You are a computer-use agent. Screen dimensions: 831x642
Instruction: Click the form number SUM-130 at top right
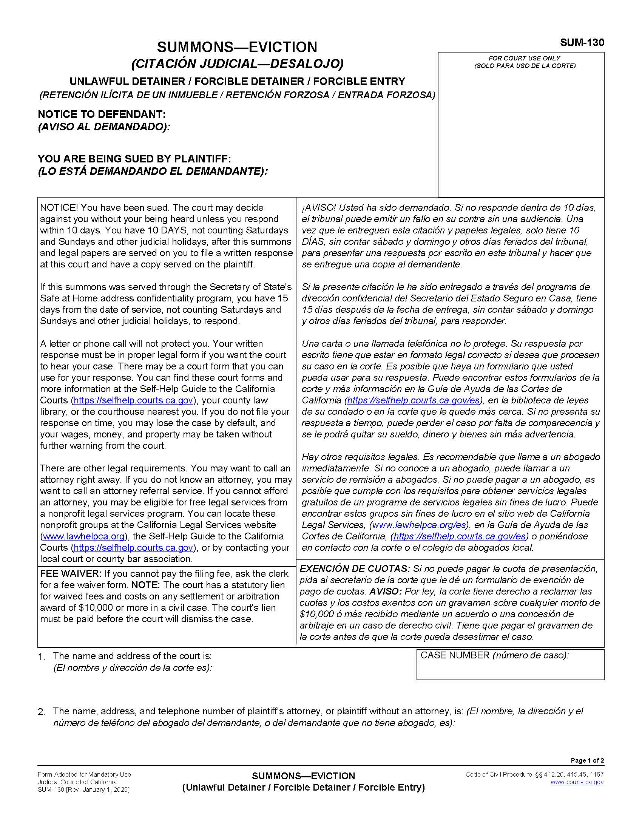pyautogui.click(x=582, y=43)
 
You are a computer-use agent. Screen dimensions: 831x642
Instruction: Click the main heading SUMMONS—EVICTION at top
pyautogui.click(x=237, y=47)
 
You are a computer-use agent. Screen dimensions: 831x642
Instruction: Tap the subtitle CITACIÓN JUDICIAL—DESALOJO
pyautogui.click(x=237, y=63)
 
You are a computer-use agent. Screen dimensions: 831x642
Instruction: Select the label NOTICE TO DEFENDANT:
pyautogui.click(x=102, y=114)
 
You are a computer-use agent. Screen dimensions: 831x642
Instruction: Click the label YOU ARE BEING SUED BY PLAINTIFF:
pyautogui.click(x=134, y=159)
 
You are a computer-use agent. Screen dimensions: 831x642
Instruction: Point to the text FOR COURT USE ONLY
pyautogui.click(x=524, y=58)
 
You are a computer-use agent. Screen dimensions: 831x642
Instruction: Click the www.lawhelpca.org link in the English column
pyautogui.click(x=84, y=536)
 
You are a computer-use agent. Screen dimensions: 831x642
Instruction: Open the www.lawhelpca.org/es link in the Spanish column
pyautogui.click(x=419, y=525)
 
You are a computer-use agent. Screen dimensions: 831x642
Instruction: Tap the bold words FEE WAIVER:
pyautogui.click(x=71, y=574)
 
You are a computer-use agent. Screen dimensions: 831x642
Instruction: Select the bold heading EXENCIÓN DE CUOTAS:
pyautogui.click(x=355, y=569)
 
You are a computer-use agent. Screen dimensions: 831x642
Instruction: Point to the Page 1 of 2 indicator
pyautogui.click(x=587, y=761)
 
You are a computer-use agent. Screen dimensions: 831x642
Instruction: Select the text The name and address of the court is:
pyautogui.click(x=132, y=656)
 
